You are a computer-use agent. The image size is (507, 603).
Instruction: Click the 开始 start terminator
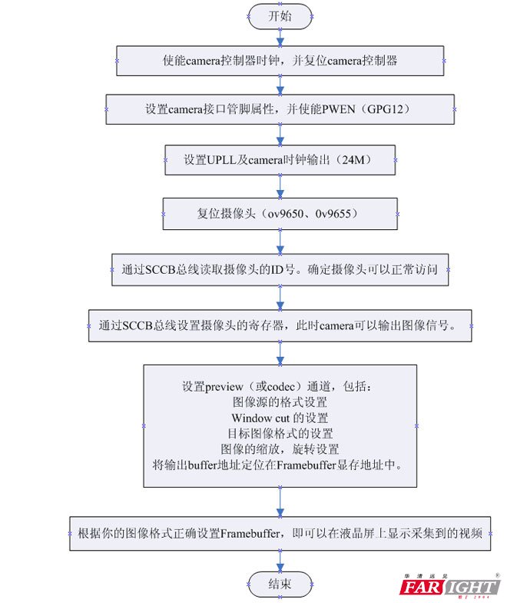click(279, 15)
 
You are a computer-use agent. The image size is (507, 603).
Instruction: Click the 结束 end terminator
click(280, 581)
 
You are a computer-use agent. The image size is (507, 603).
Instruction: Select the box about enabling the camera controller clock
click(280, 60)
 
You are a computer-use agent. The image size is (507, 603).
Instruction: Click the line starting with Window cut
click(280, 418)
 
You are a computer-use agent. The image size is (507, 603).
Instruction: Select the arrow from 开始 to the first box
click(280, 35)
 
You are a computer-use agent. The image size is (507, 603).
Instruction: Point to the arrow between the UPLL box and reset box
click(280, 187)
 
